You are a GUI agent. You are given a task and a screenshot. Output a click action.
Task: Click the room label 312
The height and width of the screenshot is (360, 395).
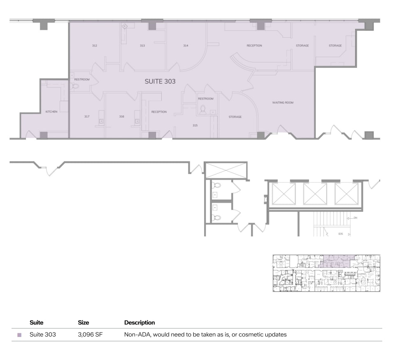point(95,46)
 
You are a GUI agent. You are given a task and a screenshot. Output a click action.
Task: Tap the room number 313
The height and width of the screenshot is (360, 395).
point(142,46)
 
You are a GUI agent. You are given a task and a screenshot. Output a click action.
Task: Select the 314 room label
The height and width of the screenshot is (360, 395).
point(186,46)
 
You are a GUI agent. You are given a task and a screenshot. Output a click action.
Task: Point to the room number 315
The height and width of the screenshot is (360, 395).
point(195,125)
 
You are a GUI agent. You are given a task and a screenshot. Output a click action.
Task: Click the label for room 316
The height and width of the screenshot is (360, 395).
point(122,117)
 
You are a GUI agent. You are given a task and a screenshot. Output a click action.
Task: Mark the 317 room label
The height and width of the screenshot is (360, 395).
point(87,117)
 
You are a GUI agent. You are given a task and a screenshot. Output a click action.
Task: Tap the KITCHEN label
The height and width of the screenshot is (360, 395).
point(51,112)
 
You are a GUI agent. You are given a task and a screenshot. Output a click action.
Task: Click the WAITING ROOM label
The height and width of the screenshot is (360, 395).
point(283,102)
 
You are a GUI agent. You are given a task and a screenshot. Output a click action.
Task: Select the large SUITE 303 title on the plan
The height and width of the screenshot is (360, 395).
point(160,81)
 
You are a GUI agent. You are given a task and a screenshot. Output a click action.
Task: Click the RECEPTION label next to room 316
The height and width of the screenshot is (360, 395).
point(159,112)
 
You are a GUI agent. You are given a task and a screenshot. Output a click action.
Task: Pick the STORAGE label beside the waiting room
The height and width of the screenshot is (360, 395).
point(235,117)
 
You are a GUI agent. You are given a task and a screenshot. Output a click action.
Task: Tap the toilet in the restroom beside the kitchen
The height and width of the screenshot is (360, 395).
point(75,86)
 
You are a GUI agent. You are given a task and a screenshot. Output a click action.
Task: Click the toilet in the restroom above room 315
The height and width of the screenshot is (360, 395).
point(202,109)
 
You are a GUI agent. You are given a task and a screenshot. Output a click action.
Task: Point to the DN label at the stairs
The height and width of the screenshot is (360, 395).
point(355,218)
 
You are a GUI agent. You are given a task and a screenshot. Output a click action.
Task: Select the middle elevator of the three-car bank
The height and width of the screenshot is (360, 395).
point(315,194)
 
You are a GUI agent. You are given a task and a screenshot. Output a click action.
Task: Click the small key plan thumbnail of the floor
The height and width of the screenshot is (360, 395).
point(326,273)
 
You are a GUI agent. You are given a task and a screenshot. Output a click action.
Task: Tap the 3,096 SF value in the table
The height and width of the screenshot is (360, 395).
point(90,335)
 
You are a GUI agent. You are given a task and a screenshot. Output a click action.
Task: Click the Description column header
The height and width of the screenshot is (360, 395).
point(139,323)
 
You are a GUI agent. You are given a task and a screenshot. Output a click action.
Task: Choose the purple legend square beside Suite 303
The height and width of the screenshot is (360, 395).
point(19,335)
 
